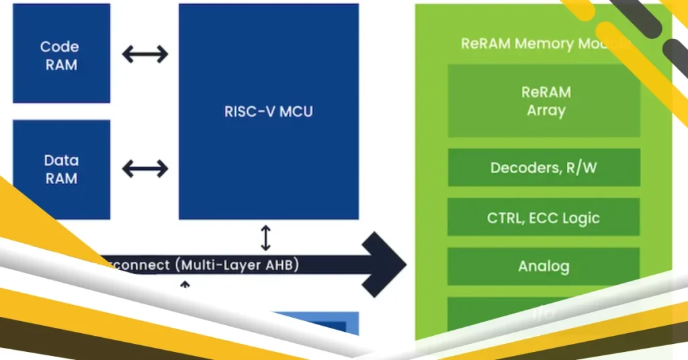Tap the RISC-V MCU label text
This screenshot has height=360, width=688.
coord(268,111)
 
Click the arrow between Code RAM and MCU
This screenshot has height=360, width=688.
coord(144,54)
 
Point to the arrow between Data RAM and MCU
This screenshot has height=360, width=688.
coord(144,168)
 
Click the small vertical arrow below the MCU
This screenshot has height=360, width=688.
coord(266,238)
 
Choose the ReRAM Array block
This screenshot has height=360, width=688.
coord(544,101)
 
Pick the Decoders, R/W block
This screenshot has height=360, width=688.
coord(544,168)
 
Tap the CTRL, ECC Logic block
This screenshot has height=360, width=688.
coord(544,218)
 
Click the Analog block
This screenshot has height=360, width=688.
coord(544,267)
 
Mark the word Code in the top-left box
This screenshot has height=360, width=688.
coord(59,47)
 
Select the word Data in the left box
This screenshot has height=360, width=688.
coord(60,161)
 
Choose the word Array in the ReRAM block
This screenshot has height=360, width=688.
coord(546,110)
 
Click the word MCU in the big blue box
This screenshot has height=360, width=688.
coord(296,111)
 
